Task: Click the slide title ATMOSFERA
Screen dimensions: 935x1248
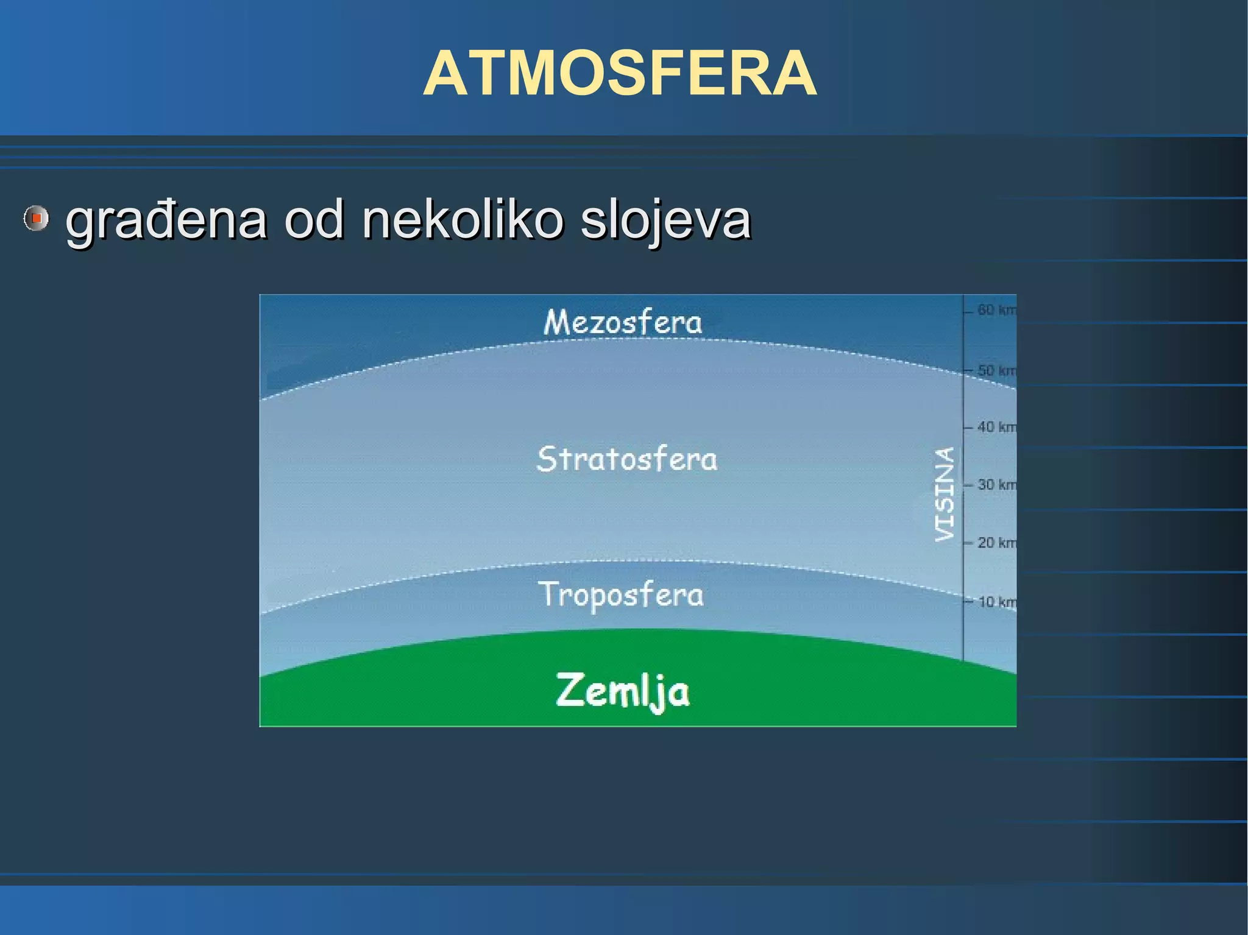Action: point(620,74)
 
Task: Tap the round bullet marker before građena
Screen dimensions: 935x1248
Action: point(36,218)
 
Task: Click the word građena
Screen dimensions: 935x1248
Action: point(166,221)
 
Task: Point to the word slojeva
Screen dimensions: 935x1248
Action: point(665,221)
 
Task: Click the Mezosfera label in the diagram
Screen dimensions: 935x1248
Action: point(622,322)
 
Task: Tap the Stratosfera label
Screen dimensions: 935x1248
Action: point(626,459)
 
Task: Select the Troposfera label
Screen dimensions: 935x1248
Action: point(620,595)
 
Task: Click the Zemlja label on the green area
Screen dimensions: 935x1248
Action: point(622,691)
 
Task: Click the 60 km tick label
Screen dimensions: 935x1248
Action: point(996,310)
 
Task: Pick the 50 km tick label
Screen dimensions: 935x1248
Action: point(996,370)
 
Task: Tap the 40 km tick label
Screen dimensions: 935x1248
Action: point(996,427)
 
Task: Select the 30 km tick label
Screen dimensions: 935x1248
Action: point(996,485)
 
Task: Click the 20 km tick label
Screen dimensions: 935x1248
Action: point(996,542)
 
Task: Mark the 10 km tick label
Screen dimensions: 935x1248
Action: point(996,602)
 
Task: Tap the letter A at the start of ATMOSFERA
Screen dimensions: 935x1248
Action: point(445,74)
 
